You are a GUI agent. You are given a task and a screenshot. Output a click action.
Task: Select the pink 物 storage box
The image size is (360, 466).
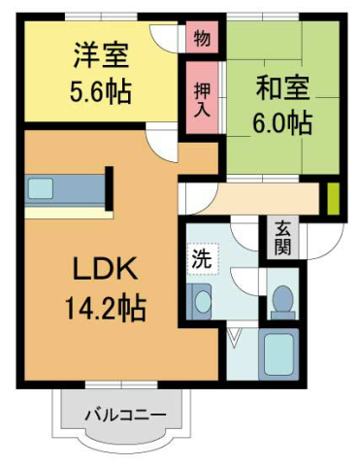click(201, 39)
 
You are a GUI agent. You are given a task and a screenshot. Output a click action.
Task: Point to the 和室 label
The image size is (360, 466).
click(282, 86)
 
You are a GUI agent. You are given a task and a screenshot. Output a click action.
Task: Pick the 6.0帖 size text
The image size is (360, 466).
click(282, 123)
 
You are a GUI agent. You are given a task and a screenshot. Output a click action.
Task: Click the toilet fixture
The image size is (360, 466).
click(283, 300)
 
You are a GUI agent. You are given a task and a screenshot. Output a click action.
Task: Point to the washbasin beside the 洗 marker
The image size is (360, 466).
click(201, 302)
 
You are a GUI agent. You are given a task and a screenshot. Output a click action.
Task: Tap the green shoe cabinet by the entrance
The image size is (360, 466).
click(331, 198)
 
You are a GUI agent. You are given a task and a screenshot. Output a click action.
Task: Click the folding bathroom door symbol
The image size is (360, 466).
click(236, 339)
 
